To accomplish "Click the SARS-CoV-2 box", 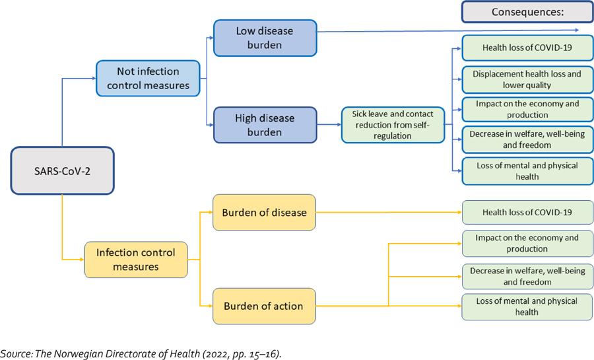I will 63,170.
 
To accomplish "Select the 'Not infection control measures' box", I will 148,78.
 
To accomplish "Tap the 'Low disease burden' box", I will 265,38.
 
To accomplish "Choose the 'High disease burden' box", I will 265,125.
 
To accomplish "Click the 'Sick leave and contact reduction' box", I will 393,124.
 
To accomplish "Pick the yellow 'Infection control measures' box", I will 136,260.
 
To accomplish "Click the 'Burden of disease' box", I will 264,213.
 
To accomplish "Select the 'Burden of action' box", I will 264,305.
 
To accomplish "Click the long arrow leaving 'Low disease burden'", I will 449,30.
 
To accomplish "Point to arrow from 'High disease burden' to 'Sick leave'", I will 329,124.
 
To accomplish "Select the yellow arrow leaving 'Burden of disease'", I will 389,213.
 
